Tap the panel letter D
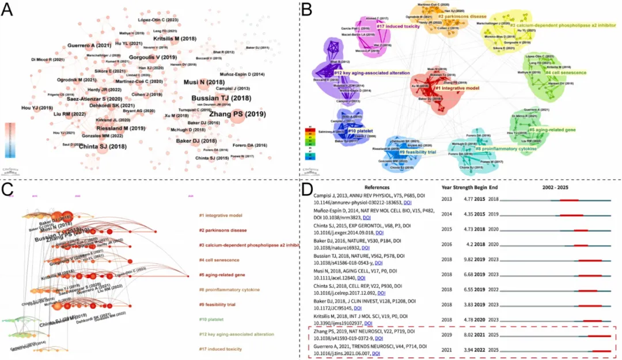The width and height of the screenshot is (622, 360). click(x=308, y=188)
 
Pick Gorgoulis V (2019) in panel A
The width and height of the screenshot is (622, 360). click(x=152, y=58)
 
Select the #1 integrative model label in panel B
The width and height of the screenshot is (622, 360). click(x=457, y=88)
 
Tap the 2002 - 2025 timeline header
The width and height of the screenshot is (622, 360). click(x=558, y=187)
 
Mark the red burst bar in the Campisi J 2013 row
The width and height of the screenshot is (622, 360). click(x=569, y=200)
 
